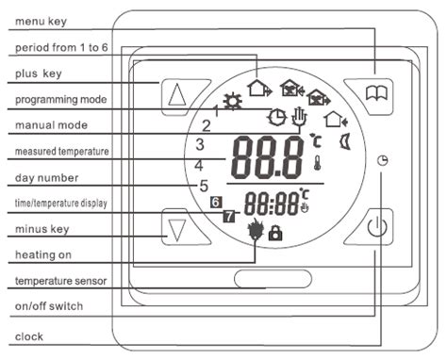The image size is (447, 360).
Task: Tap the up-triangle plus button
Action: [176, 94]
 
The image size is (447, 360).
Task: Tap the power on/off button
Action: [375, 227]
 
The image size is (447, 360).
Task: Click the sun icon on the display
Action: [230, 103]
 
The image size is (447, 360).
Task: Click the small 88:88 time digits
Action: [271, 204]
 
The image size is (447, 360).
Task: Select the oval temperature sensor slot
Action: [273, 279]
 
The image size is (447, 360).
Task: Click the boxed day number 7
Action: [228, 217]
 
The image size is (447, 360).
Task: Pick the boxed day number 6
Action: [216, 202]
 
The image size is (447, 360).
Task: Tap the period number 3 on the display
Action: [199, 144]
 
